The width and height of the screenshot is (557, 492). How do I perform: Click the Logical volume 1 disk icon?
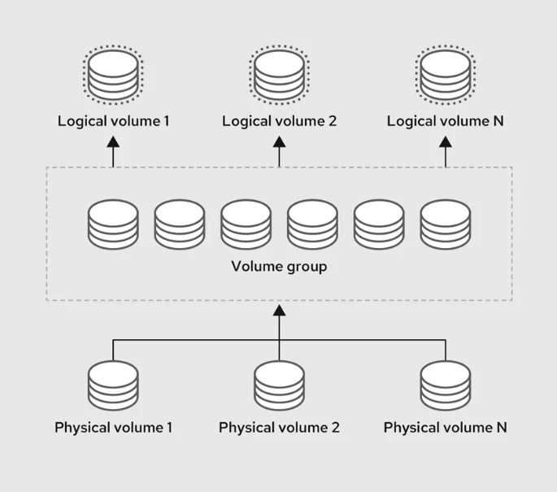113,76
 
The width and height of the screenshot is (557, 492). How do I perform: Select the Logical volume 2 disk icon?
279,76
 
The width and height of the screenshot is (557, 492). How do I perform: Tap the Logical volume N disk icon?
446,76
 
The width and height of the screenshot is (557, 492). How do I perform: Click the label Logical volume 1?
113,121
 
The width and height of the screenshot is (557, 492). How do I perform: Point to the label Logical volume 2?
279,121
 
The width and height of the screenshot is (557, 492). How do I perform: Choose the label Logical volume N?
446,121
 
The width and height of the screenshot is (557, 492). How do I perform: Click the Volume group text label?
279,266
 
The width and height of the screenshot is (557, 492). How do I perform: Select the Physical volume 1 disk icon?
113,386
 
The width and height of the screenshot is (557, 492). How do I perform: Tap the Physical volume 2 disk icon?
279,386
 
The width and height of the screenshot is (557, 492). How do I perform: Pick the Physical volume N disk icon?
446,386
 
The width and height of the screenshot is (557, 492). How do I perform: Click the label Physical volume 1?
113,427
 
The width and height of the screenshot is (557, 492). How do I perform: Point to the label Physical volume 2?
279,427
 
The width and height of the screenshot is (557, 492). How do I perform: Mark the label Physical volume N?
446,427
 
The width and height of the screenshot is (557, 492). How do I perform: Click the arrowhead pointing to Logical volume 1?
113,142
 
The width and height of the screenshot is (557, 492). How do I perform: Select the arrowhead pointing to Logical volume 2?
279,142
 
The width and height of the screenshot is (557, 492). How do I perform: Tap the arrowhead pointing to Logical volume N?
446,142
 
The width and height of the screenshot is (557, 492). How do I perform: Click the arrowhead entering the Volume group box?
279,310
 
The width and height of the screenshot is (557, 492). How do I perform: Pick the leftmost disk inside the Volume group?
113,225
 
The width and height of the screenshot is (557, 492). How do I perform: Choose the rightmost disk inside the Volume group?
446,225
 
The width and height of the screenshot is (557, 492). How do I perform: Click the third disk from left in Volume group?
246,225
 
